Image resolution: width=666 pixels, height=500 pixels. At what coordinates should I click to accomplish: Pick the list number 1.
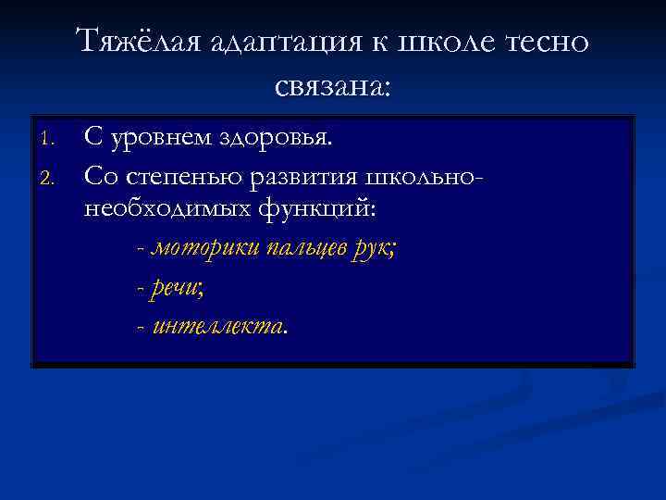coord(49,140)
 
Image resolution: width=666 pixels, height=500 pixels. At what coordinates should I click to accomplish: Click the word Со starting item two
coord(98,173)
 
